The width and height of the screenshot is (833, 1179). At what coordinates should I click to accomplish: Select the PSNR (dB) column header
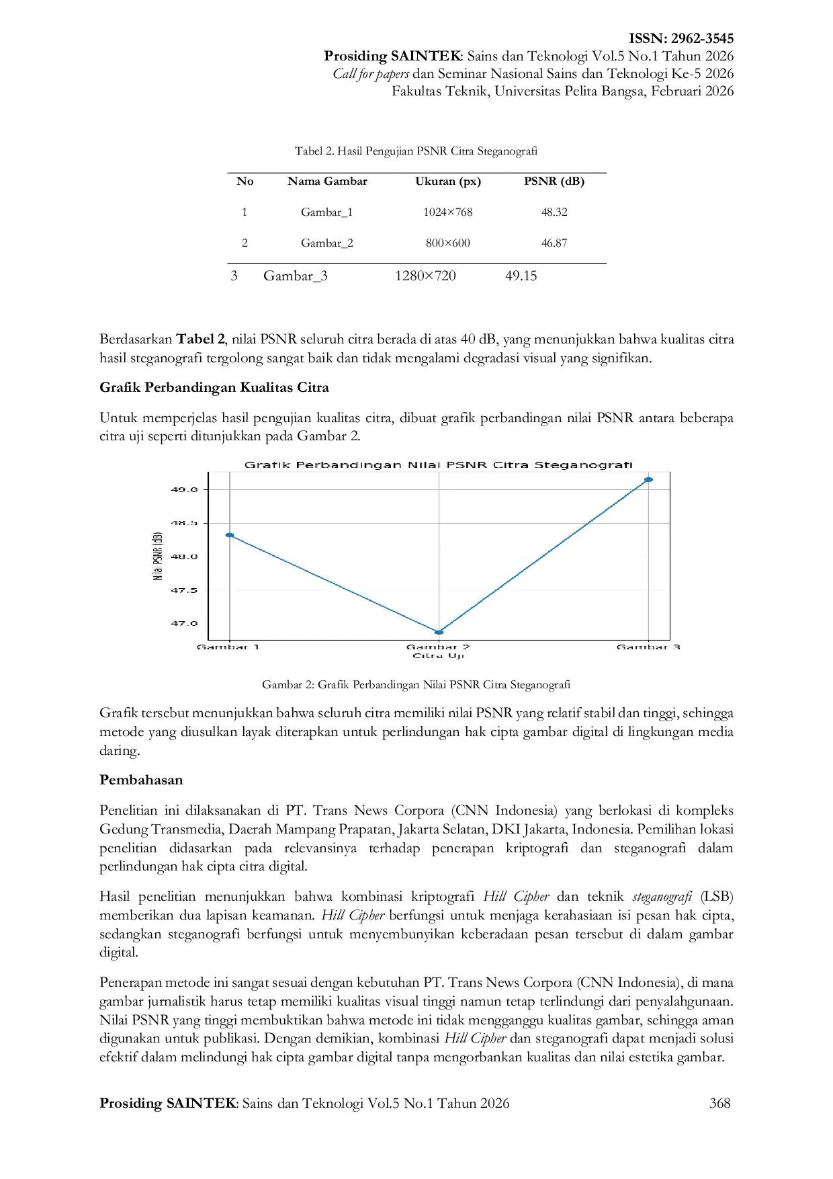pyautogui.click(x=554, y=181)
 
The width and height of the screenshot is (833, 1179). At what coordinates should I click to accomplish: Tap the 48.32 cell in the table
pyautogui.click(x=554, y=212)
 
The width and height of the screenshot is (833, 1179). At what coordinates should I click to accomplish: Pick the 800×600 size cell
pyautogui.click(x=447, y=243)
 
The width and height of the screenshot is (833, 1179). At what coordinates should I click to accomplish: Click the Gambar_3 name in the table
pyautogui.click(x=296, y=276)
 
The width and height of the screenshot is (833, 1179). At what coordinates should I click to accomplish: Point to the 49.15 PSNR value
pyautogui.click(x=521, y=276)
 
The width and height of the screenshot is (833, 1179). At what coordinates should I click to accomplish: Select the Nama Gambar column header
pyautogui.click(x=327, y=181)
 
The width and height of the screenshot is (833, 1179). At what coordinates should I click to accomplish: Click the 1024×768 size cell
pyautogui.click(x=447, y=212)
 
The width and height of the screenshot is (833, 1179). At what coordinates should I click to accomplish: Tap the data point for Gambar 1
pyautogui.click(x=230, y=535)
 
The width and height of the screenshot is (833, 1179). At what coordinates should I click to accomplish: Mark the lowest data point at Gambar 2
pyautogui.click(x=439, y=633)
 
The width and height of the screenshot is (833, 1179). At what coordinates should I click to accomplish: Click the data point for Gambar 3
pyautogui.click(x=648, y=480)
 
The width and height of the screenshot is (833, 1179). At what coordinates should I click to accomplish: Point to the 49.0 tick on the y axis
pyautogui.click(x=184, y=490)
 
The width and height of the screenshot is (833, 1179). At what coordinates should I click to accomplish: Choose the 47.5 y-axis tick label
pyautogui.click(x=184, y=591)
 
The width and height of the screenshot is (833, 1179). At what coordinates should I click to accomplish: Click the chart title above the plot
pyautogui.click(x=438, y=464)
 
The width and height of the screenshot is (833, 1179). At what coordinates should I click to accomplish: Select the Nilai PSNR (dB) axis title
pyautogui.click(x=158, y=557)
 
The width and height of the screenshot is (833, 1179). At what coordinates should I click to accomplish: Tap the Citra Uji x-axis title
pyautogui.click(x=438, y=656)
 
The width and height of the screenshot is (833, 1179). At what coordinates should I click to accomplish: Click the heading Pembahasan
pyautogui.click(x=141, y=780)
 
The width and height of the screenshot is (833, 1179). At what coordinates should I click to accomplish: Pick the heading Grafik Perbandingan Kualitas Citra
pyautogui.click(x=214, y=388)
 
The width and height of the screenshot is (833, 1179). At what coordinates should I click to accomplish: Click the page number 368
pyautogui.click(x=719, y=1103)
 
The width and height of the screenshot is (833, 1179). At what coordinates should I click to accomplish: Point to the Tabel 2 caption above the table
pyautogui.click(x=416, y=151)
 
